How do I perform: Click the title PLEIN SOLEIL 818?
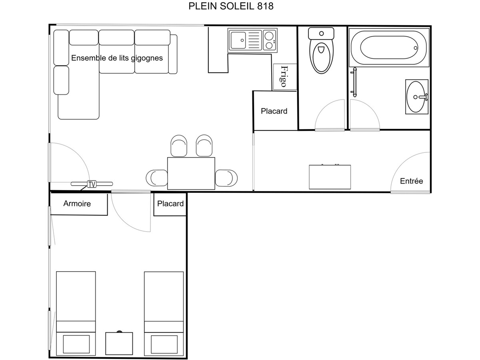click(231, 6)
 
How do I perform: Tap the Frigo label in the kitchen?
click(284, 76)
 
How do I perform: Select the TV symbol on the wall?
click(92, 184)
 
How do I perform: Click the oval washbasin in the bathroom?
click(416, 97)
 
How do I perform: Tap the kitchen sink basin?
click(238, 40)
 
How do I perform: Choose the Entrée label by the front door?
click(411, 181)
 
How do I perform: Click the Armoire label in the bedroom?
click(77, 204)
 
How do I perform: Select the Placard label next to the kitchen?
click(274, 111)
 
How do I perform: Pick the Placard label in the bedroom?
click(170, 204)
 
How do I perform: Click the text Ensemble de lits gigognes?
click(117, 58)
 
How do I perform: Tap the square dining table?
click(191, 173)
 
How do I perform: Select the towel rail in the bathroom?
click(354, 82)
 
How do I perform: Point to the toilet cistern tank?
click(321, 34)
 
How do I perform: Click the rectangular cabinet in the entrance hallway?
click(330, 177)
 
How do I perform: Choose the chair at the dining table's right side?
click(226, 178)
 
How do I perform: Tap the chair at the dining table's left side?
click(157, 178)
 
